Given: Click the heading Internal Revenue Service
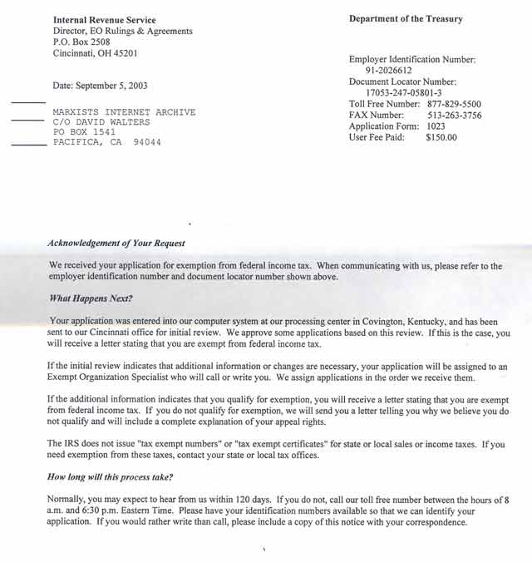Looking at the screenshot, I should click(104, 20).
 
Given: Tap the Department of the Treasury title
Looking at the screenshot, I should click(406, 19).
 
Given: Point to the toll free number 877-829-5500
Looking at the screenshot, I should click(454, 104).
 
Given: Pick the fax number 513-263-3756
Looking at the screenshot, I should click(454, 116).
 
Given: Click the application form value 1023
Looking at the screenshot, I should click(437, 126).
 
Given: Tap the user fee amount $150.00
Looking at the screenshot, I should click(441, 138).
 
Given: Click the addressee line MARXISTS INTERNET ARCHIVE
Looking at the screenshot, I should click(124, 111).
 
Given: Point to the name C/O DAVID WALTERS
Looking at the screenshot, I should click(101, 121).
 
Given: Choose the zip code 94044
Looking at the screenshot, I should click(147, 142).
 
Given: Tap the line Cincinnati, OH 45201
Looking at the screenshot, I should click(95, 53).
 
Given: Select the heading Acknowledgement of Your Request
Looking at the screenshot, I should click(116, 244).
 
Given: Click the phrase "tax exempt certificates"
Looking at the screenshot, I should click(266, 445).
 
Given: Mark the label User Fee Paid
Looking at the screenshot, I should click(377, 138).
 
